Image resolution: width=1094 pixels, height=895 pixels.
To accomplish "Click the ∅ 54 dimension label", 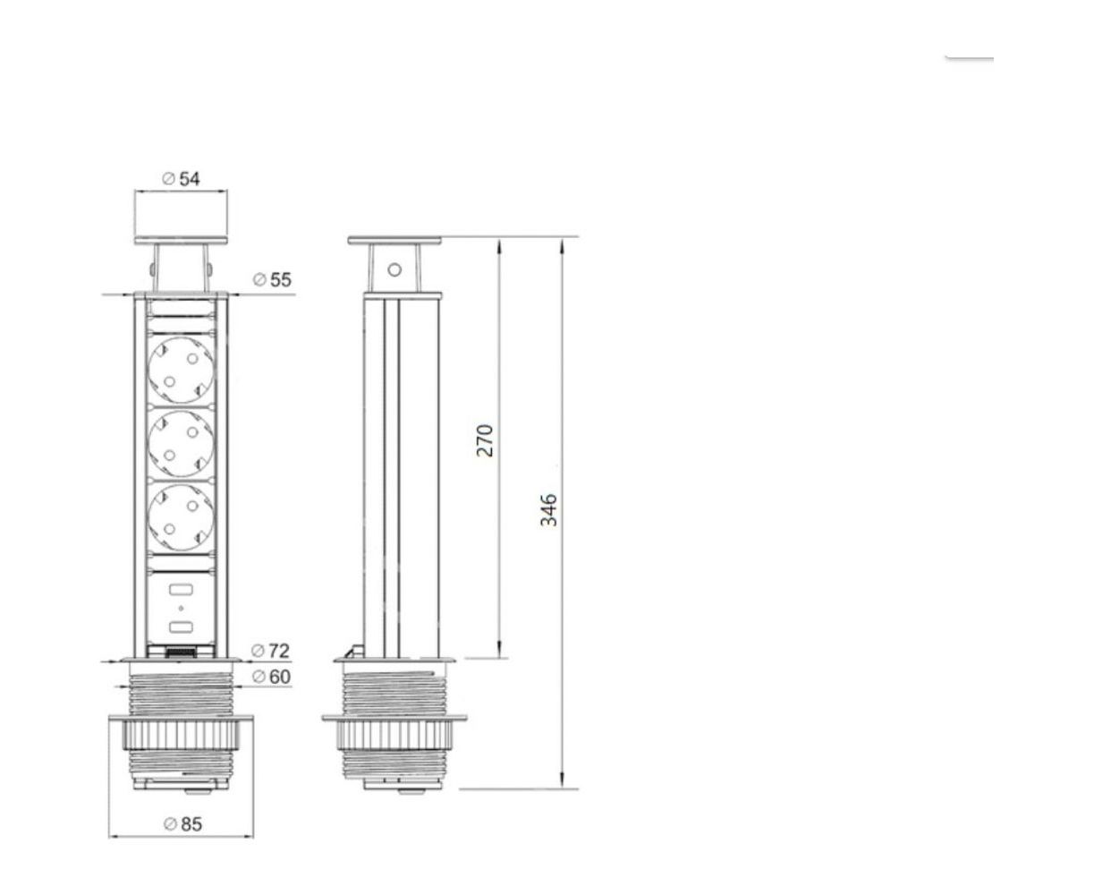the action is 181,179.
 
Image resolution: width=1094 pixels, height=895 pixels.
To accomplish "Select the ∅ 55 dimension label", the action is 272,280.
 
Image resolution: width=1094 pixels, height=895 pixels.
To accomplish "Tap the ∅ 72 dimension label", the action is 270,651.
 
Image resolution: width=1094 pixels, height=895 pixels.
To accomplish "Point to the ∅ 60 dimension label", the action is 271,677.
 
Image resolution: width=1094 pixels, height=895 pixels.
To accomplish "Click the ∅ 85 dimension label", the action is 182,824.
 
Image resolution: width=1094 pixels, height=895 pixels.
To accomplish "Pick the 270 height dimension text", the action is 485,440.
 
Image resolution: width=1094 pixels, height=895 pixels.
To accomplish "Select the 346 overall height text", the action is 548,510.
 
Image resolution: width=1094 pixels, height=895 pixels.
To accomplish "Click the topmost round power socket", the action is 181,371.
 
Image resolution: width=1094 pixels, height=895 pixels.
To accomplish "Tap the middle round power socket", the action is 181,444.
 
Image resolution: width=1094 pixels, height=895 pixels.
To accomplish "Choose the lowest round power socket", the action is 181,517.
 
